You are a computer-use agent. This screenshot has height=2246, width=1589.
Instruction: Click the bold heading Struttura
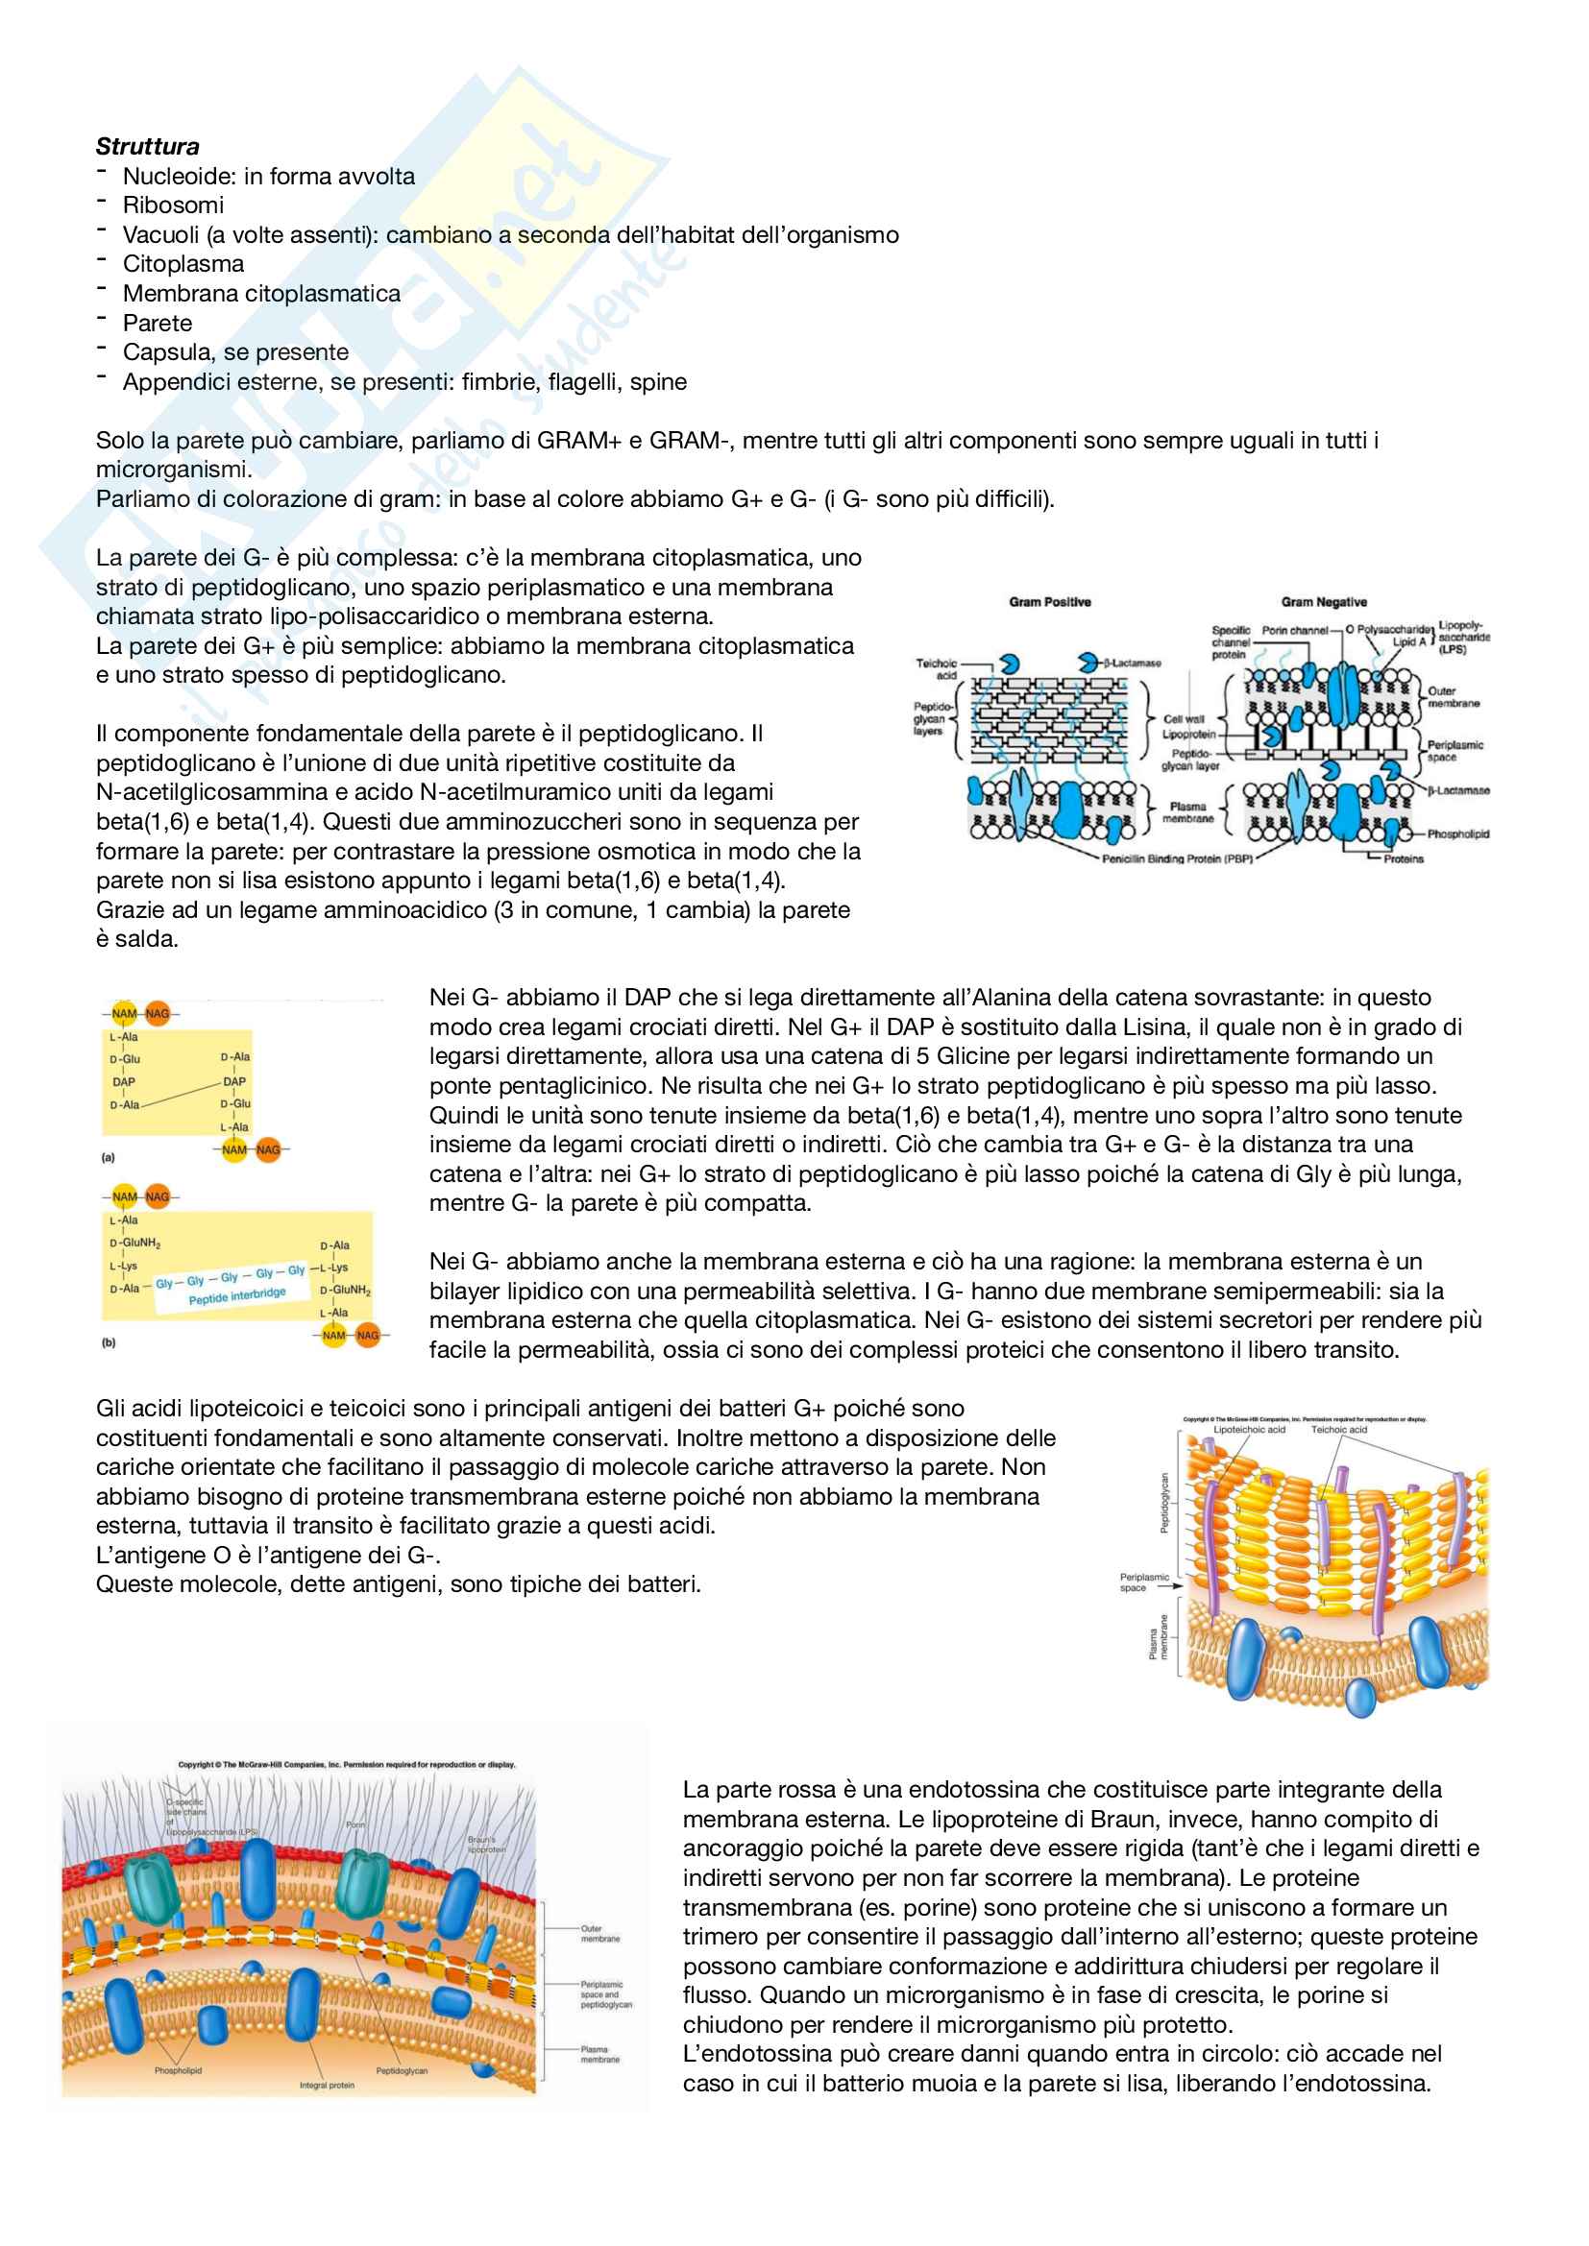148,147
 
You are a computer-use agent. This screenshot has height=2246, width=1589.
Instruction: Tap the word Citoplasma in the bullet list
183,264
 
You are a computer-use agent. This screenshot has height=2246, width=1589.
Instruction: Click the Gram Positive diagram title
1050,602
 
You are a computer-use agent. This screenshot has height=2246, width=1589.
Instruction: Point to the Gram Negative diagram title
1324,602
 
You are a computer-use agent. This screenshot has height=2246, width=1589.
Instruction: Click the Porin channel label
1294,630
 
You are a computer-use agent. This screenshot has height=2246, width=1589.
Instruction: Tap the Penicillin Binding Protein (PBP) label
1177,858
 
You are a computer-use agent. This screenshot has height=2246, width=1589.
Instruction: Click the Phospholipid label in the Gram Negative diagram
1458,834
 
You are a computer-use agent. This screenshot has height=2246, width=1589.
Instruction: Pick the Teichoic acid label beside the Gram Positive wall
937,669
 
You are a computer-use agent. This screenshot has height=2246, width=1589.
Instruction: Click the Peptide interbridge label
237,1295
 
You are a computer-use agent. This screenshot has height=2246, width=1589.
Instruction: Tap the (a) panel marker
109,1157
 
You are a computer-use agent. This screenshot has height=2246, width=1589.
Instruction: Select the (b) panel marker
109,1343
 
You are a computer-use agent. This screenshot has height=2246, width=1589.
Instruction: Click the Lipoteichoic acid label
1250,1429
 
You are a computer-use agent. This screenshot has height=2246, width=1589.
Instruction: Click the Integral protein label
327,2086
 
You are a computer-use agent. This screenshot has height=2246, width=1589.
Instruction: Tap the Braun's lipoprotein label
486,1845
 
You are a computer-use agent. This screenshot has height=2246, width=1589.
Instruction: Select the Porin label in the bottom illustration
355,1825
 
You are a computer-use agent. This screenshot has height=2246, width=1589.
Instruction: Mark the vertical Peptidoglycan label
1164,1504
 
